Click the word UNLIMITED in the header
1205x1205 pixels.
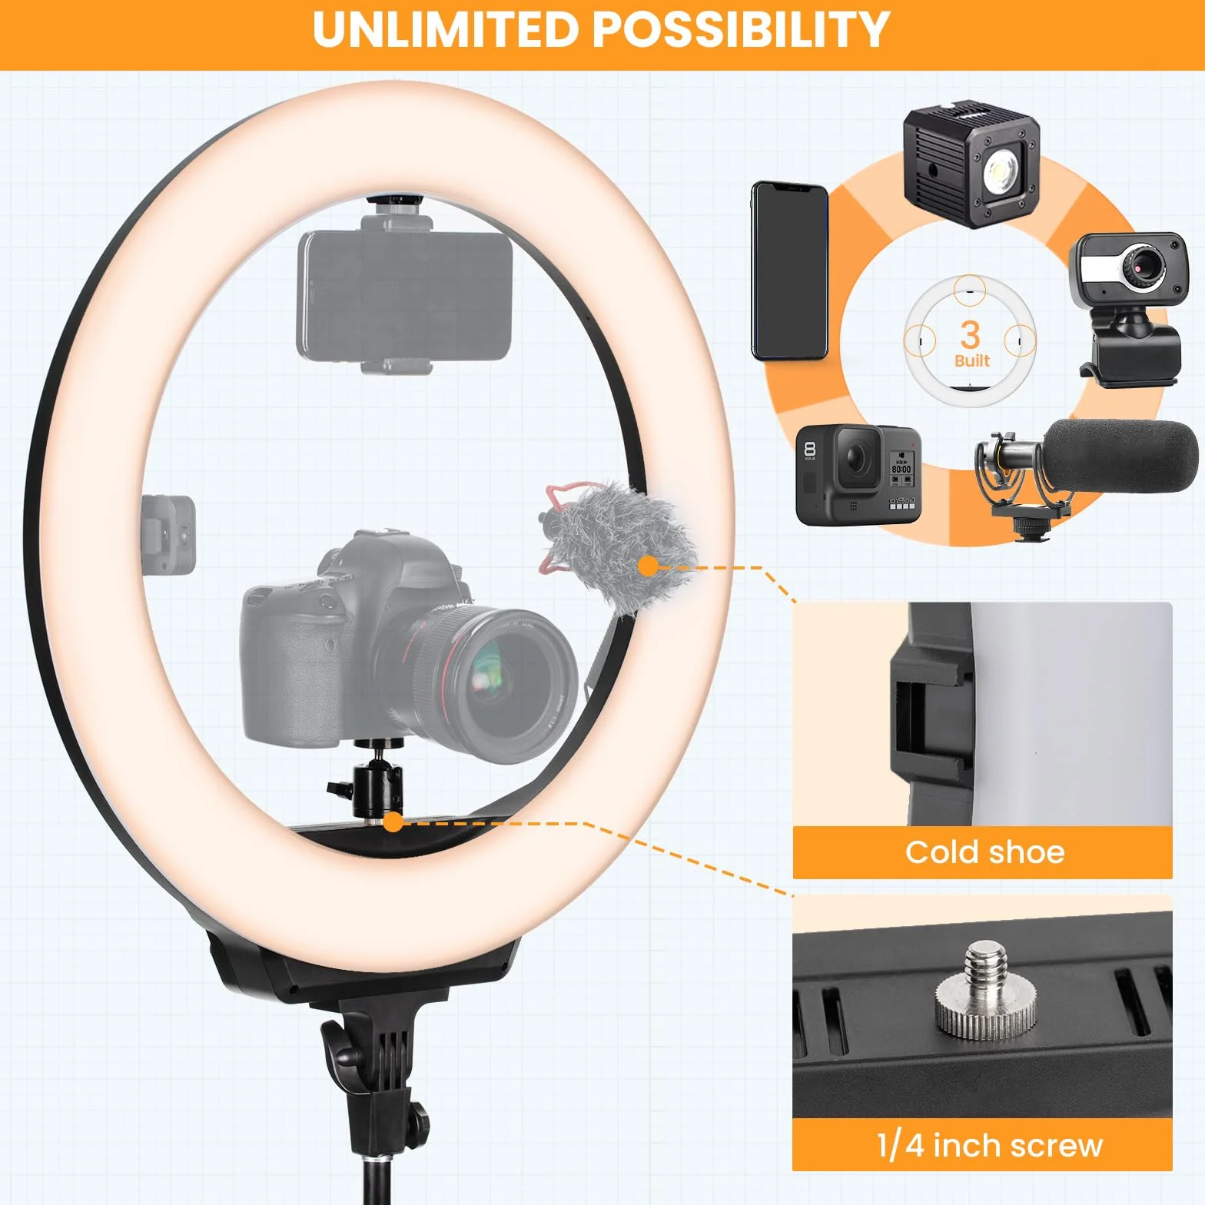tap(446, 30)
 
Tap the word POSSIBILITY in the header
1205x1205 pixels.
tap(741, 30)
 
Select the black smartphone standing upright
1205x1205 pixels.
tap(789, 271)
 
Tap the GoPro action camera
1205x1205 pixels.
tap(858, 474)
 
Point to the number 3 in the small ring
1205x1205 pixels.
tap(970, 334)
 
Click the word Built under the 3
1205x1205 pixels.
tap(971, 360)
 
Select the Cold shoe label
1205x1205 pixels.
tap(984, 852)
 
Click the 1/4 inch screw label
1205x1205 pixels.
tap(989, 1145)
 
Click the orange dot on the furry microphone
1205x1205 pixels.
tap(649, 567)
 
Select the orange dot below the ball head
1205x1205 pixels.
tap(393, 823)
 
